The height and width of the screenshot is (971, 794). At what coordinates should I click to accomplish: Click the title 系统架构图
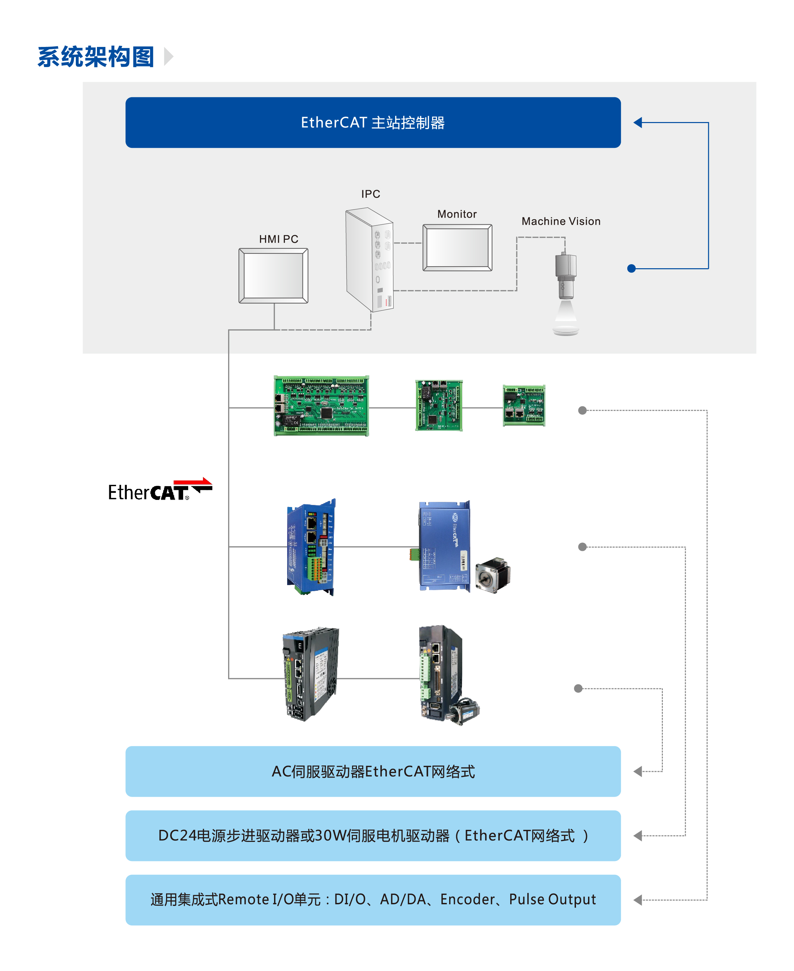(96, 57)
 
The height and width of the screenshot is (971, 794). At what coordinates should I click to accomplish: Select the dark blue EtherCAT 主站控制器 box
(373, 122)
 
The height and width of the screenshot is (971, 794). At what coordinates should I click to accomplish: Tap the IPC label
(370, 194)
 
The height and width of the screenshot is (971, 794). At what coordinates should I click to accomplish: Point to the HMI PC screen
(273, 276)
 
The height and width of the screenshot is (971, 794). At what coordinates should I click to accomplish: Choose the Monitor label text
(457, 214)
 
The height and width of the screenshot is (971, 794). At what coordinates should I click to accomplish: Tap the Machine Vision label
(561, 221)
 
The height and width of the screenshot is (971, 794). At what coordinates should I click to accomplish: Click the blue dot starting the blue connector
(632, 268)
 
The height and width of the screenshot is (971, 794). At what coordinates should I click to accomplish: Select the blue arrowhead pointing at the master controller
(638, 122)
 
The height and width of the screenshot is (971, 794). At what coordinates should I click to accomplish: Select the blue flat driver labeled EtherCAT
(444, 546)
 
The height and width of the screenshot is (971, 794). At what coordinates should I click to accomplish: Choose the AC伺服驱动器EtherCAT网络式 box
(373, 772)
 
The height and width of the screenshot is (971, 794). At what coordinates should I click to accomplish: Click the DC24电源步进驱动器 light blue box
(373, 836)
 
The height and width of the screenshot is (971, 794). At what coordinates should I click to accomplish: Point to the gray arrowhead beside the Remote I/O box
(638, 900)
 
